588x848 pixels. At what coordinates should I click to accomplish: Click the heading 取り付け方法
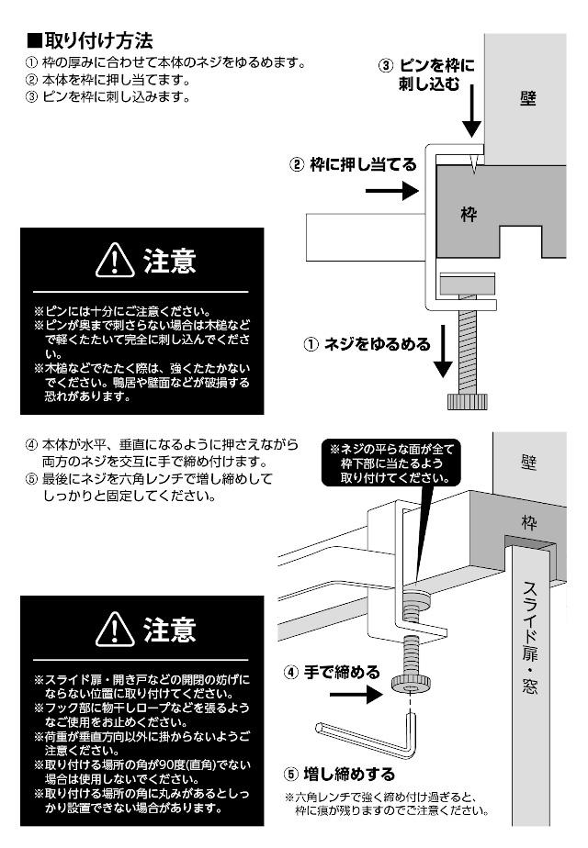pyautogui.click(x=88, y=41)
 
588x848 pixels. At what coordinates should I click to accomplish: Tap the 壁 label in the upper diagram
pyautogui.click(x=528, y=98)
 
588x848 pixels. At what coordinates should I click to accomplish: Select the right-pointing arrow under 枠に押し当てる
pyautogui.click(x=390, y=192)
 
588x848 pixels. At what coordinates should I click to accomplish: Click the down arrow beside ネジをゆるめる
pyautogui.click(x=444, y=353)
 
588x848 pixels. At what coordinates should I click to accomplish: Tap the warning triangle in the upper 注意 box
pyautogui.click(x=114, y=263)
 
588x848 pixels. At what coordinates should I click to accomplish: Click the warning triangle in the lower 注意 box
pyautogui.click(x=114, y=630)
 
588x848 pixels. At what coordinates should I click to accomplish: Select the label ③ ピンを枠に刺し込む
pyautogui.click(x=427, y=75)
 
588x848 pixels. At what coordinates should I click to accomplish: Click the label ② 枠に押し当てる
pyautogui.click(x=353, y=165)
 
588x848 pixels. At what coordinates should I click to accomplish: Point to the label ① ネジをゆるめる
pyautogui.click(x=367, y=345)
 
